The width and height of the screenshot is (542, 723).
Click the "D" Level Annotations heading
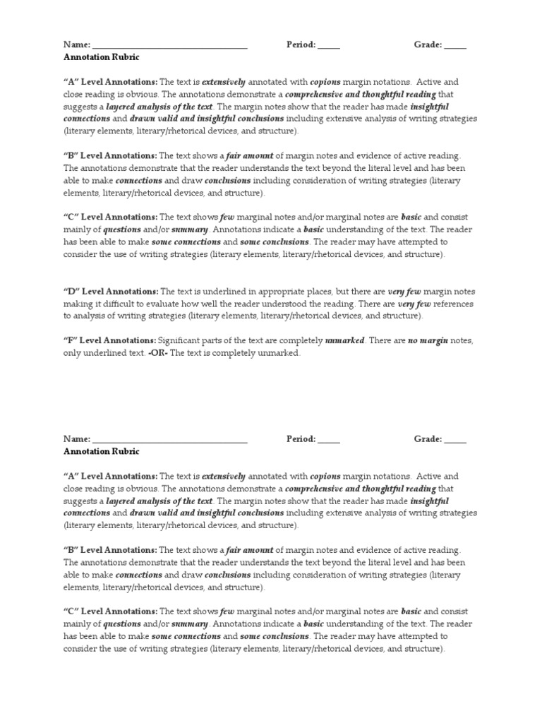click(x=111, y=292)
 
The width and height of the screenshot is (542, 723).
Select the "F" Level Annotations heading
click(x=109, y=341)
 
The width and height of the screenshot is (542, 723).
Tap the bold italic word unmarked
click(x=344, y=341)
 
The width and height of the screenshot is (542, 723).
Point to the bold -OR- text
click(x=157, y=353)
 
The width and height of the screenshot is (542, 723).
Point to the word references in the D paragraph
click(x=452, y=304)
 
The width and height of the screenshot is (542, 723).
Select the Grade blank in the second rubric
click(x=455, y=440)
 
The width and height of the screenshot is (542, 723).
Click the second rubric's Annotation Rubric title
click(x=102, y=451)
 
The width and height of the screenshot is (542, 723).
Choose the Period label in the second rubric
click(x=301, y=439)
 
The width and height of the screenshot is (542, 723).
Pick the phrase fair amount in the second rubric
click(x=249, y=550)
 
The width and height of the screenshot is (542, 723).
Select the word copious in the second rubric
click(x=325, y=477)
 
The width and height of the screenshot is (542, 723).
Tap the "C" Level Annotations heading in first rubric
click(x=111, y=217)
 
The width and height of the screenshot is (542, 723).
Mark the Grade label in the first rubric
click(x=428, y=44)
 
